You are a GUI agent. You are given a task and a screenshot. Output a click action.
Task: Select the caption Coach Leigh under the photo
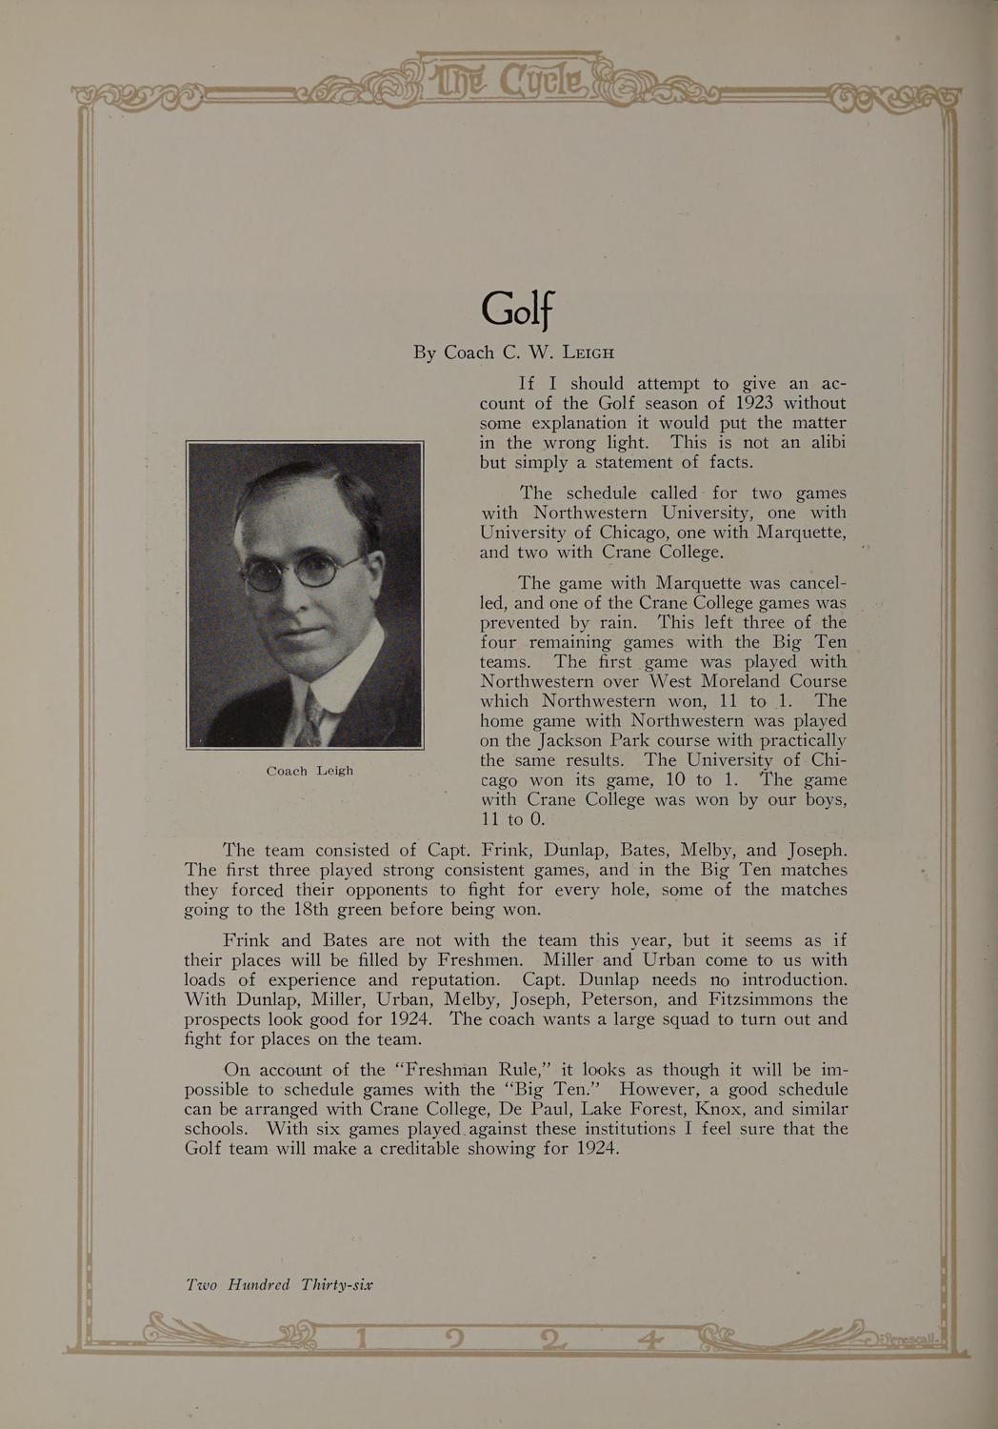309,771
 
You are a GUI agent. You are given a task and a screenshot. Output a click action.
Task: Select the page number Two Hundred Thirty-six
279,1284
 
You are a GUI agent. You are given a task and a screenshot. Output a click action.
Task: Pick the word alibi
822,443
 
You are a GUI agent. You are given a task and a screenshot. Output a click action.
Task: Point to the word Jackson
559,740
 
